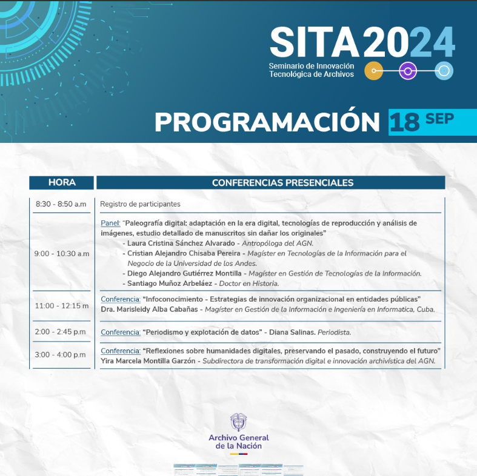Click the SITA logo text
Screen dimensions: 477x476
315,42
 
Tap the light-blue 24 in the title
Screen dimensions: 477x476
432,42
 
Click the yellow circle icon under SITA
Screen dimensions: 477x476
373,71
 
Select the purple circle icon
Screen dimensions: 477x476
408,71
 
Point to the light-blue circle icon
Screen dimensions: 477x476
444,71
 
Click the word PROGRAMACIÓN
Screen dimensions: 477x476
267,122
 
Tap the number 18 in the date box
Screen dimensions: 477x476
405,122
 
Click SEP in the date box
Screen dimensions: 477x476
439,119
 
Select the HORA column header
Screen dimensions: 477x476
62,182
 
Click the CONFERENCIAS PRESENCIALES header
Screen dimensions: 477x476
282,183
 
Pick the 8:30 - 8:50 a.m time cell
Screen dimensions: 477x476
61,204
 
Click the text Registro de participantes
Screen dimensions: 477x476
140,204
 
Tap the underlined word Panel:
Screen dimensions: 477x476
110,223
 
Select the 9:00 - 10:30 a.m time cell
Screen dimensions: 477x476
62,254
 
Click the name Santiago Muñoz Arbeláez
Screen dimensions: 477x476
170,283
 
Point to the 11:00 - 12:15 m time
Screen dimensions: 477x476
62,306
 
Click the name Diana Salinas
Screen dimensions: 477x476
292,332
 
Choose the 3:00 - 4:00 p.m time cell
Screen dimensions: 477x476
60,355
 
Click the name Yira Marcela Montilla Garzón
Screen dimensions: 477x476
148,361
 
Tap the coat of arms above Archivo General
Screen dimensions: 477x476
239,422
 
